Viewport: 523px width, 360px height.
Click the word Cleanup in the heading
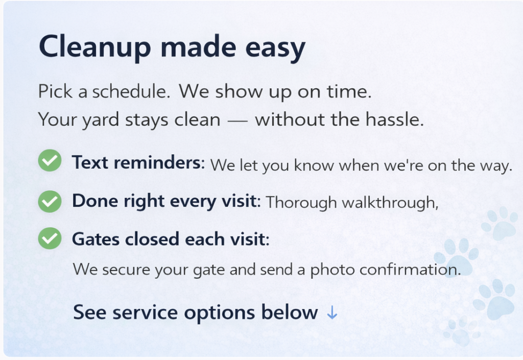[95, 47]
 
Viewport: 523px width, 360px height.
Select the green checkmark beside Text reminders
[50, 160]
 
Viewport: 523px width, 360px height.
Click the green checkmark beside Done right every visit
[50, 201]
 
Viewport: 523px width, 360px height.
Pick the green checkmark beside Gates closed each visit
[50, 238]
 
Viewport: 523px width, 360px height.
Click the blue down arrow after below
[332, 313]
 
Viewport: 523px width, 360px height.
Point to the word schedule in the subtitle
[131, 91]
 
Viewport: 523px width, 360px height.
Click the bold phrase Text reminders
[138, 163]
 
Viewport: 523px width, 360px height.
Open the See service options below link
[205, 313]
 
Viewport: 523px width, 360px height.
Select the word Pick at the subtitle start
[55, 91]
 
